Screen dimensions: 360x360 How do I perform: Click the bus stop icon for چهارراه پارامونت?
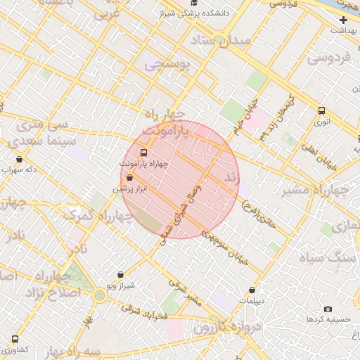click(144, 153)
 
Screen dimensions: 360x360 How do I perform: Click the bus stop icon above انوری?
click(321, 110)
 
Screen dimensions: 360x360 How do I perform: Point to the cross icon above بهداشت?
click(343, 20)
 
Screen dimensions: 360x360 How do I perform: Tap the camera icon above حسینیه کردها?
click(328, 309)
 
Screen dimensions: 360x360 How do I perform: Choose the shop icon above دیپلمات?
click(252, 289)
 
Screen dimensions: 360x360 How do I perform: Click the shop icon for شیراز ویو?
click(120, 275)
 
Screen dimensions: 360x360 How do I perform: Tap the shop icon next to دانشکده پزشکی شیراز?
click(193, 13)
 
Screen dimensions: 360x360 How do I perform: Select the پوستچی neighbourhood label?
click(168, 65)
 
